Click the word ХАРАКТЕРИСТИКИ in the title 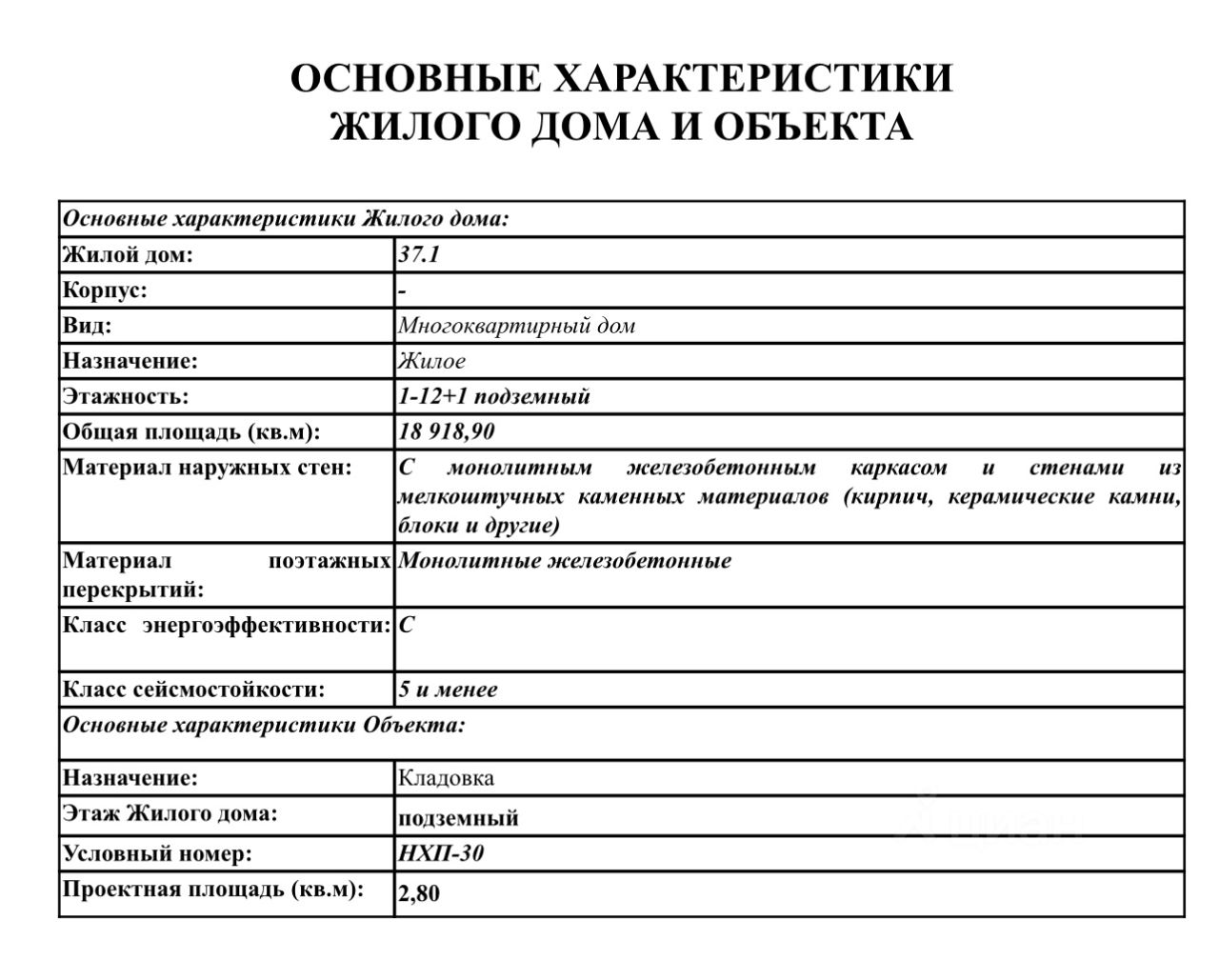pos(753,79)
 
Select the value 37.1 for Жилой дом pos(419,255)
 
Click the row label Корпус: pos(105,290)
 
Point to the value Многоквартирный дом pos(516,326)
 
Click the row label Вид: pos(87,326)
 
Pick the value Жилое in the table pos(431,361)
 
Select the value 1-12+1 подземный pos(494,396)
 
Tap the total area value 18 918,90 pos(447,431)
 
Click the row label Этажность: pos(126,396)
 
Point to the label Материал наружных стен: pos(208,468)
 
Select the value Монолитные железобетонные pos(565,560)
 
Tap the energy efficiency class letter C pos(406,625)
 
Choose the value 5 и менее pos(448,690)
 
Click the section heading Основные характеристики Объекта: pos(264,725)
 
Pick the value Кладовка pos(446,778)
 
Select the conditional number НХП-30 pos(441,852)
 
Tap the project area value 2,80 pos(419,893)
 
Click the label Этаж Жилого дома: pos(170,814)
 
